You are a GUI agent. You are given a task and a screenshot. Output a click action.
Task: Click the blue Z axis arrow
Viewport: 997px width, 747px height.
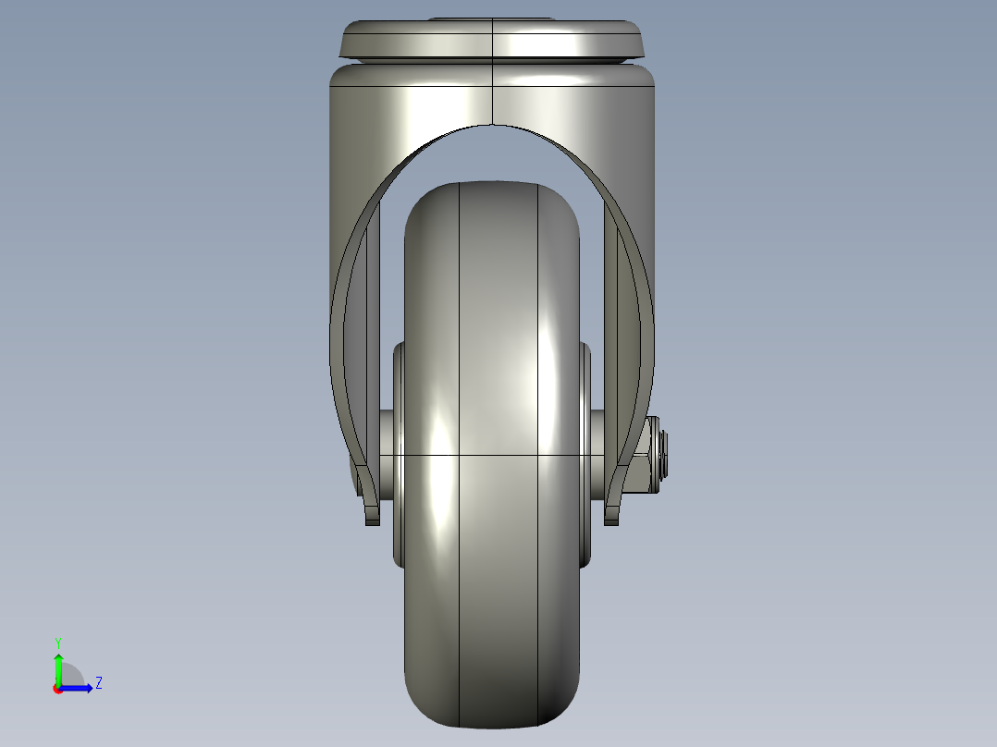coord(80,687)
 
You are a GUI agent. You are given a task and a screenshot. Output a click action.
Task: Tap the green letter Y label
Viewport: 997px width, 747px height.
coord(58,642)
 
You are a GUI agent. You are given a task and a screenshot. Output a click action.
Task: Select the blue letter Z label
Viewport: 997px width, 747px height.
coord(98,683)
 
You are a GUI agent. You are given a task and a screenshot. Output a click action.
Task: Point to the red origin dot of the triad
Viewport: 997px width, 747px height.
coord(58,688)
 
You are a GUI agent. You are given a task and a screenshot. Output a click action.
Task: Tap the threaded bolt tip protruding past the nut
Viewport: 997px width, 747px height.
coord(666,455)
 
